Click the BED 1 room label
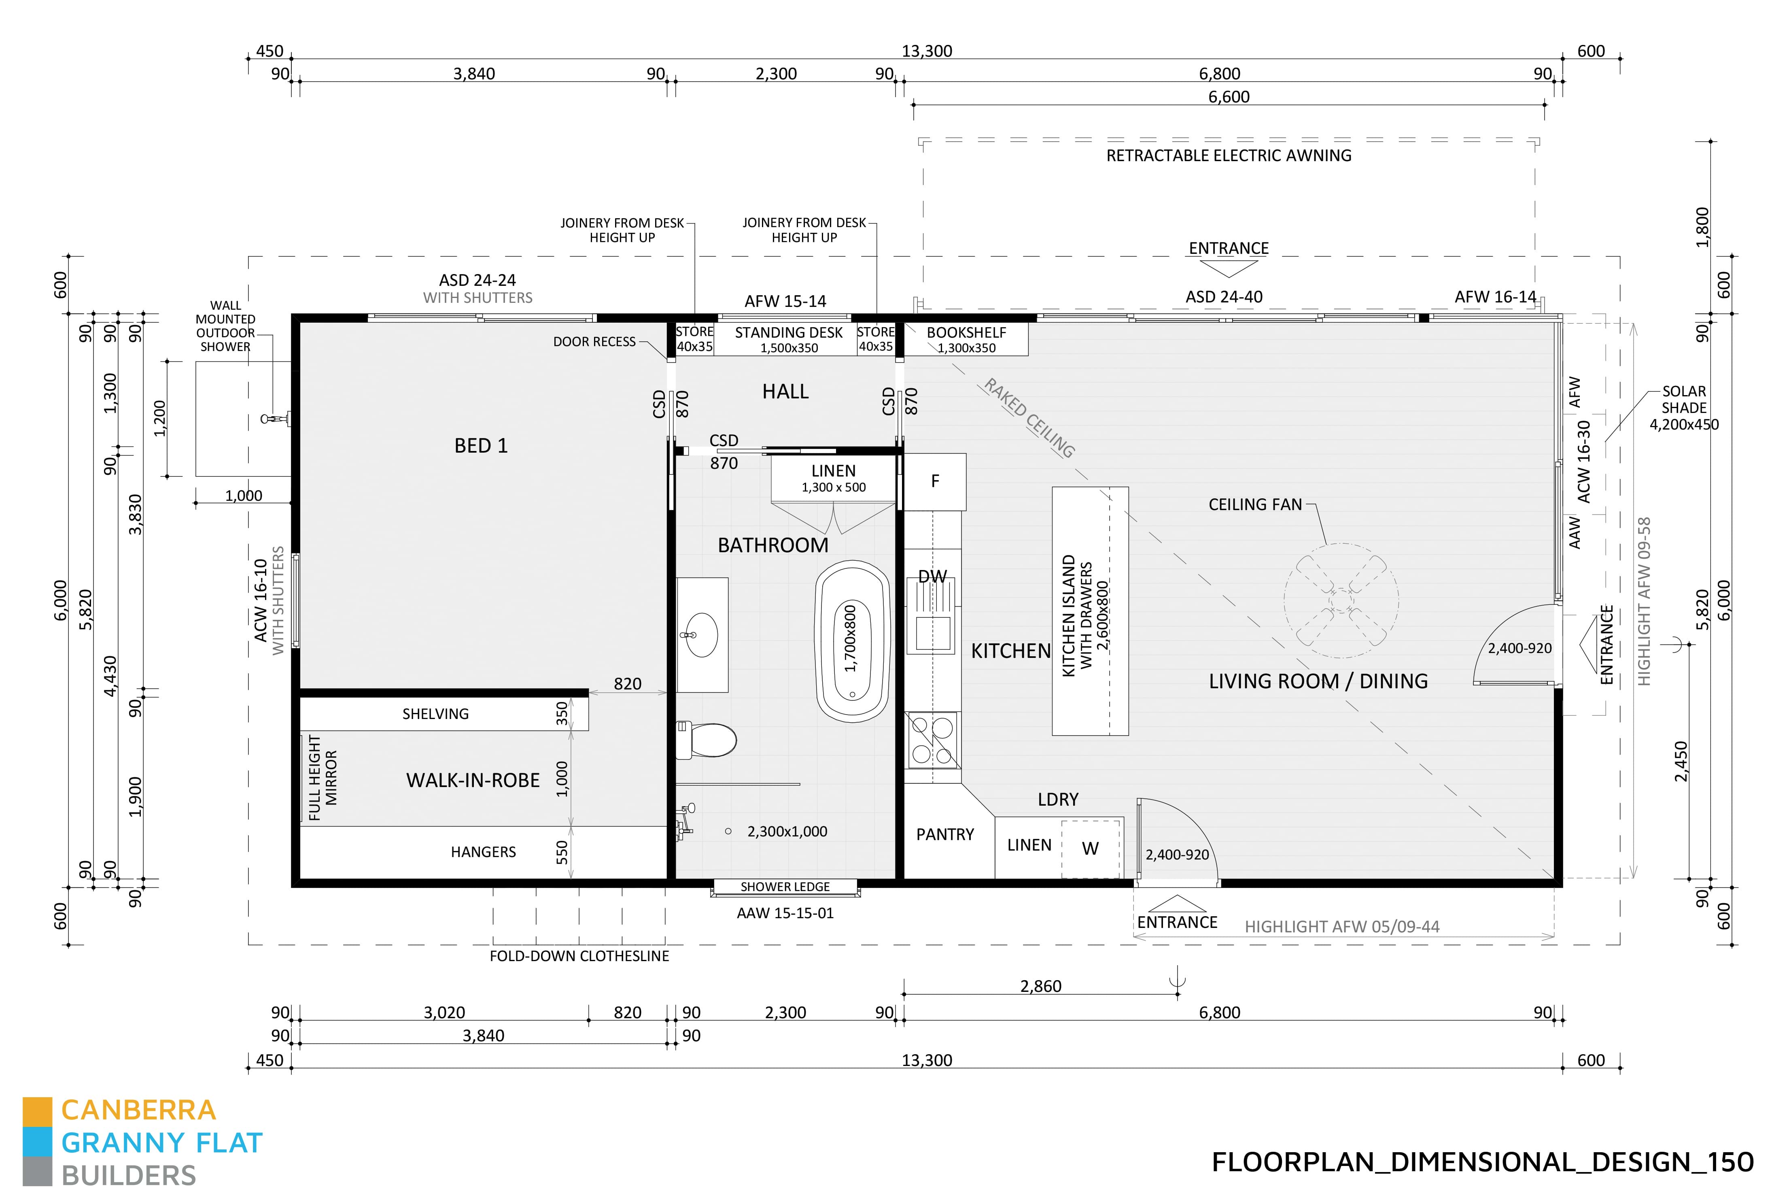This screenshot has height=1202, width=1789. pos(480,445)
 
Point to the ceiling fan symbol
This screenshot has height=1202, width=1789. pos(1341,600)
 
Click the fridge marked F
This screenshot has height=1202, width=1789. pos(935,481)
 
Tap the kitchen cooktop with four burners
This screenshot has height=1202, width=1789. pos(932,740)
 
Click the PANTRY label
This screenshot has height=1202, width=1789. pos(945,834)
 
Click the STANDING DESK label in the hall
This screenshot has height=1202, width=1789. pos(788,333)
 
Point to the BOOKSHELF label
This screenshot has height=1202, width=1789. pos(966,333)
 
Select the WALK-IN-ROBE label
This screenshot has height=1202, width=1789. pos(473,781)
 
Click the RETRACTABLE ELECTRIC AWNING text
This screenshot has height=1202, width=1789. pos(1228,155)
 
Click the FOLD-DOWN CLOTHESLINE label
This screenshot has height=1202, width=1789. pos(579,956)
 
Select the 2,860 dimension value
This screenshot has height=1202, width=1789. pos(1040,986)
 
